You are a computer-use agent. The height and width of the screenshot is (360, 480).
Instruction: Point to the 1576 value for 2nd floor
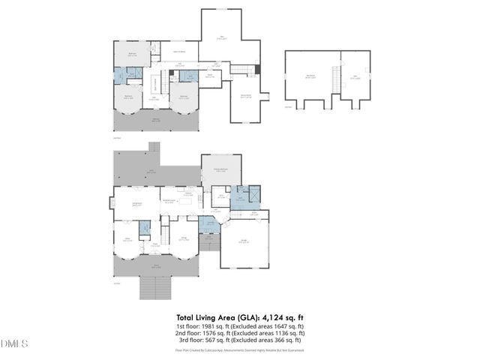tap(215, 334)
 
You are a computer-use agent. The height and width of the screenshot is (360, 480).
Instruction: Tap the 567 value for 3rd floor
tap(217, 340)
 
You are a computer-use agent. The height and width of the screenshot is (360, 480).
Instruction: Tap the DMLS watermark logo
tap(14, 343)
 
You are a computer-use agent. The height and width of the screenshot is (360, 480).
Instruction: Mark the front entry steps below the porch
tap(157, 287)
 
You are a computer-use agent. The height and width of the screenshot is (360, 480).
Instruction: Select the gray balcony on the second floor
tap(157, 120)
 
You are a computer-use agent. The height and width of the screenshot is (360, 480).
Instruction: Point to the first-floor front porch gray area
tap(157, 267)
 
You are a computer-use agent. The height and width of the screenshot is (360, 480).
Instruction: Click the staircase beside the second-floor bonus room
tap(241, 70)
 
